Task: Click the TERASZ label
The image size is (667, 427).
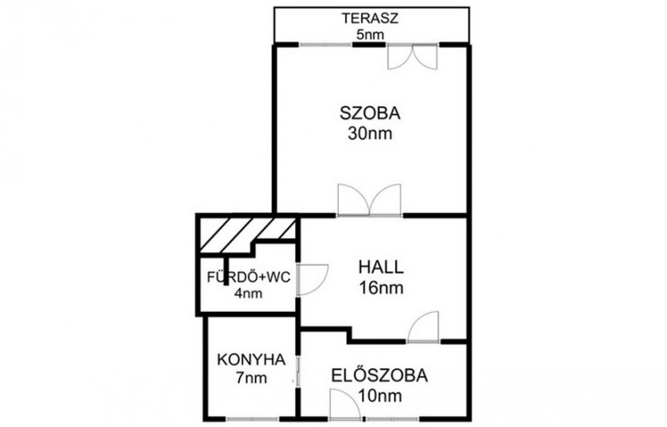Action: click(370, 19)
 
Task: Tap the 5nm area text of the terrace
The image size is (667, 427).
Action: click(370, 35)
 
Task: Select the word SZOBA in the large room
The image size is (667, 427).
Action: click(370, 113)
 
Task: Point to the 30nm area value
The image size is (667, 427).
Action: click(370, 133)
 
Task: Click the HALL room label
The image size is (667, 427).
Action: click(381, 268)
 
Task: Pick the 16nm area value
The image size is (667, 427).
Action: click(381, 288)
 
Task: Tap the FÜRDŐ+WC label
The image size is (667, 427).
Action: click(249, 277)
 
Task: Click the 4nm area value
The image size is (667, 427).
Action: click(248, 293)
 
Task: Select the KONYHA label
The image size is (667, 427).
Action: click(251, 360)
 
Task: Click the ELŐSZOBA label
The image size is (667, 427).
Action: click(379, 376)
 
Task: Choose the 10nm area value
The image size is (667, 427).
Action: click(380, 396)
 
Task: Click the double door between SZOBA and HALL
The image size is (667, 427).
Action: click(369, 200)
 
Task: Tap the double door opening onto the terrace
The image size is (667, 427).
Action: click(412, 57)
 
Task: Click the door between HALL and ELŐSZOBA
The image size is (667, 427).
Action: click(423, 327)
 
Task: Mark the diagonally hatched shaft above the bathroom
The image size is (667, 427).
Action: click(248, 235)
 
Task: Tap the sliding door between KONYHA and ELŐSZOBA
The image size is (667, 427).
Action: click(298, 371)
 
